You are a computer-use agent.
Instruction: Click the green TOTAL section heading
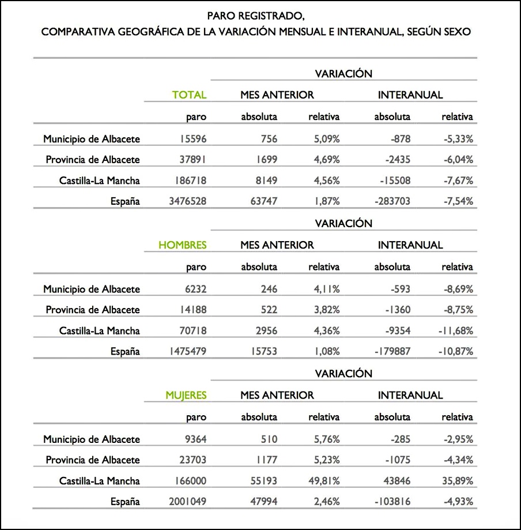point(189,95)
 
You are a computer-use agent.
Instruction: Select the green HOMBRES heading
point(182,245)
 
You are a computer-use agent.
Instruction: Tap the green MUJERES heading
point(186,396)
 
